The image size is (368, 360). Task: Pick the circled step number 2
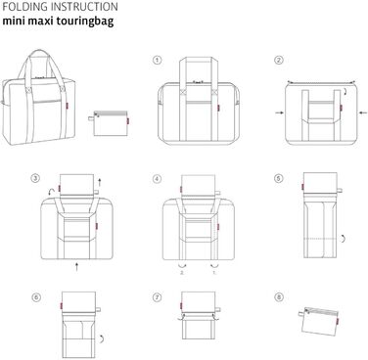point(279,60)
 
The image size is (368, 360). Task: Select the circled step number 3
point(36,179)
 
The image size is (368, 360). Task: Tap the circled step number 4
point(157,179)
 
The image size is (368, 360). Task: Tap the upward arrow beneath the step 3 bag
point(76,262)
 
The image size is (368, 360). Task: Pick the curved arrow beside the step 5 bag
point(341,238)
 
